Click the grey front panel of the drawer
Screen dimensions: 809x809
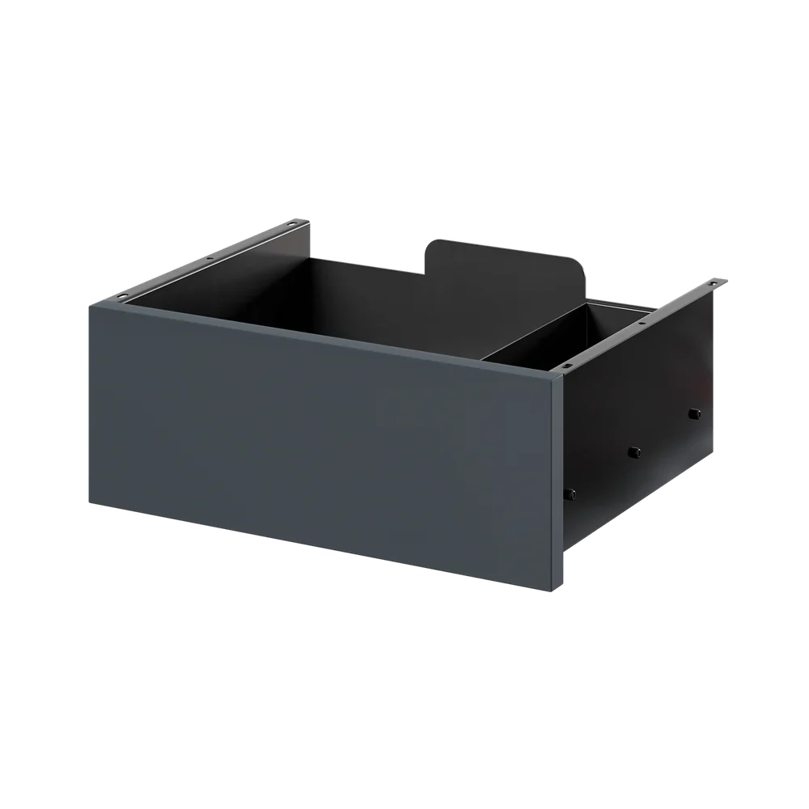pyautogui.click(x=324, y=437)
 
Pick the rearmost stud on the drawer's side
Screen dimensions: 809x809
pyautogui.click(x=693, y=414)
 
